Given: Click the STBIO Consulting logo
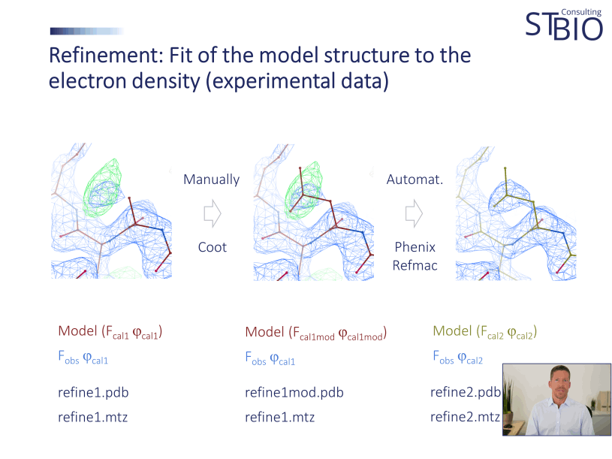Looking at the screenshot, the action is [564, 24].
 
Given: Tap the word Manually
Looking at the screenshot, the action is [211, 180].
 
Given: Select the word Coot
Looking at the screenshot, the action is [213, 247].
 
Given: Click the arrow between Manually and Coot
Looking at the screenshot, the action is [213, 213].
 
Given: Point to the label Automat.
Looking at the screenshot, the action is [415, 180].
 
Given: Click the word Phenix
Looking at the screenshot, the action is [415, 247].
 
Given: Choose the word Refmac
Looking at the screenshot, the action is [415, 265].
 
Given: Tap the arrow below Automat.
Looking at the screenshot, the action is [414, 213].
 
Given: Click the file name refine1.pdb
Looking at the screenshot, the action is [93, 392].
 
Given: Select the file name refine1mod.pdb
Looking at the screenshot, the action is [294, 392].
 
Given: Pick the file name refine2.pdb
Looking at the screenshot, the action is [466, 392].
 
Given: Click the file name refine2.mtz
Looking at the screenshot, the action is [466, 417].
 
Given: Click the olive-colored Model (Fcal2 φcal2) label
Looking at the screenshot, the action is [485, 332].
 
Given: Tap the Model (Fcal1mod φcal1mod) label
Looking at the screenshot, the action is [316, 333].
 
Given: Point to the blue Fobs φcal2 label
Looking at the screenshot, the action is [458, 358].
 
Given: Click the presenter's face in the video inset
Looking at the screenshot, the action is [560, 381].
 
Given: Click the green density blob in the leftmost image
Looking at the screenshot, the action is [101, 188].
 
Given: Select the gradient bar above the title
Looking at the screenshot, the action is [86, 32].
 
